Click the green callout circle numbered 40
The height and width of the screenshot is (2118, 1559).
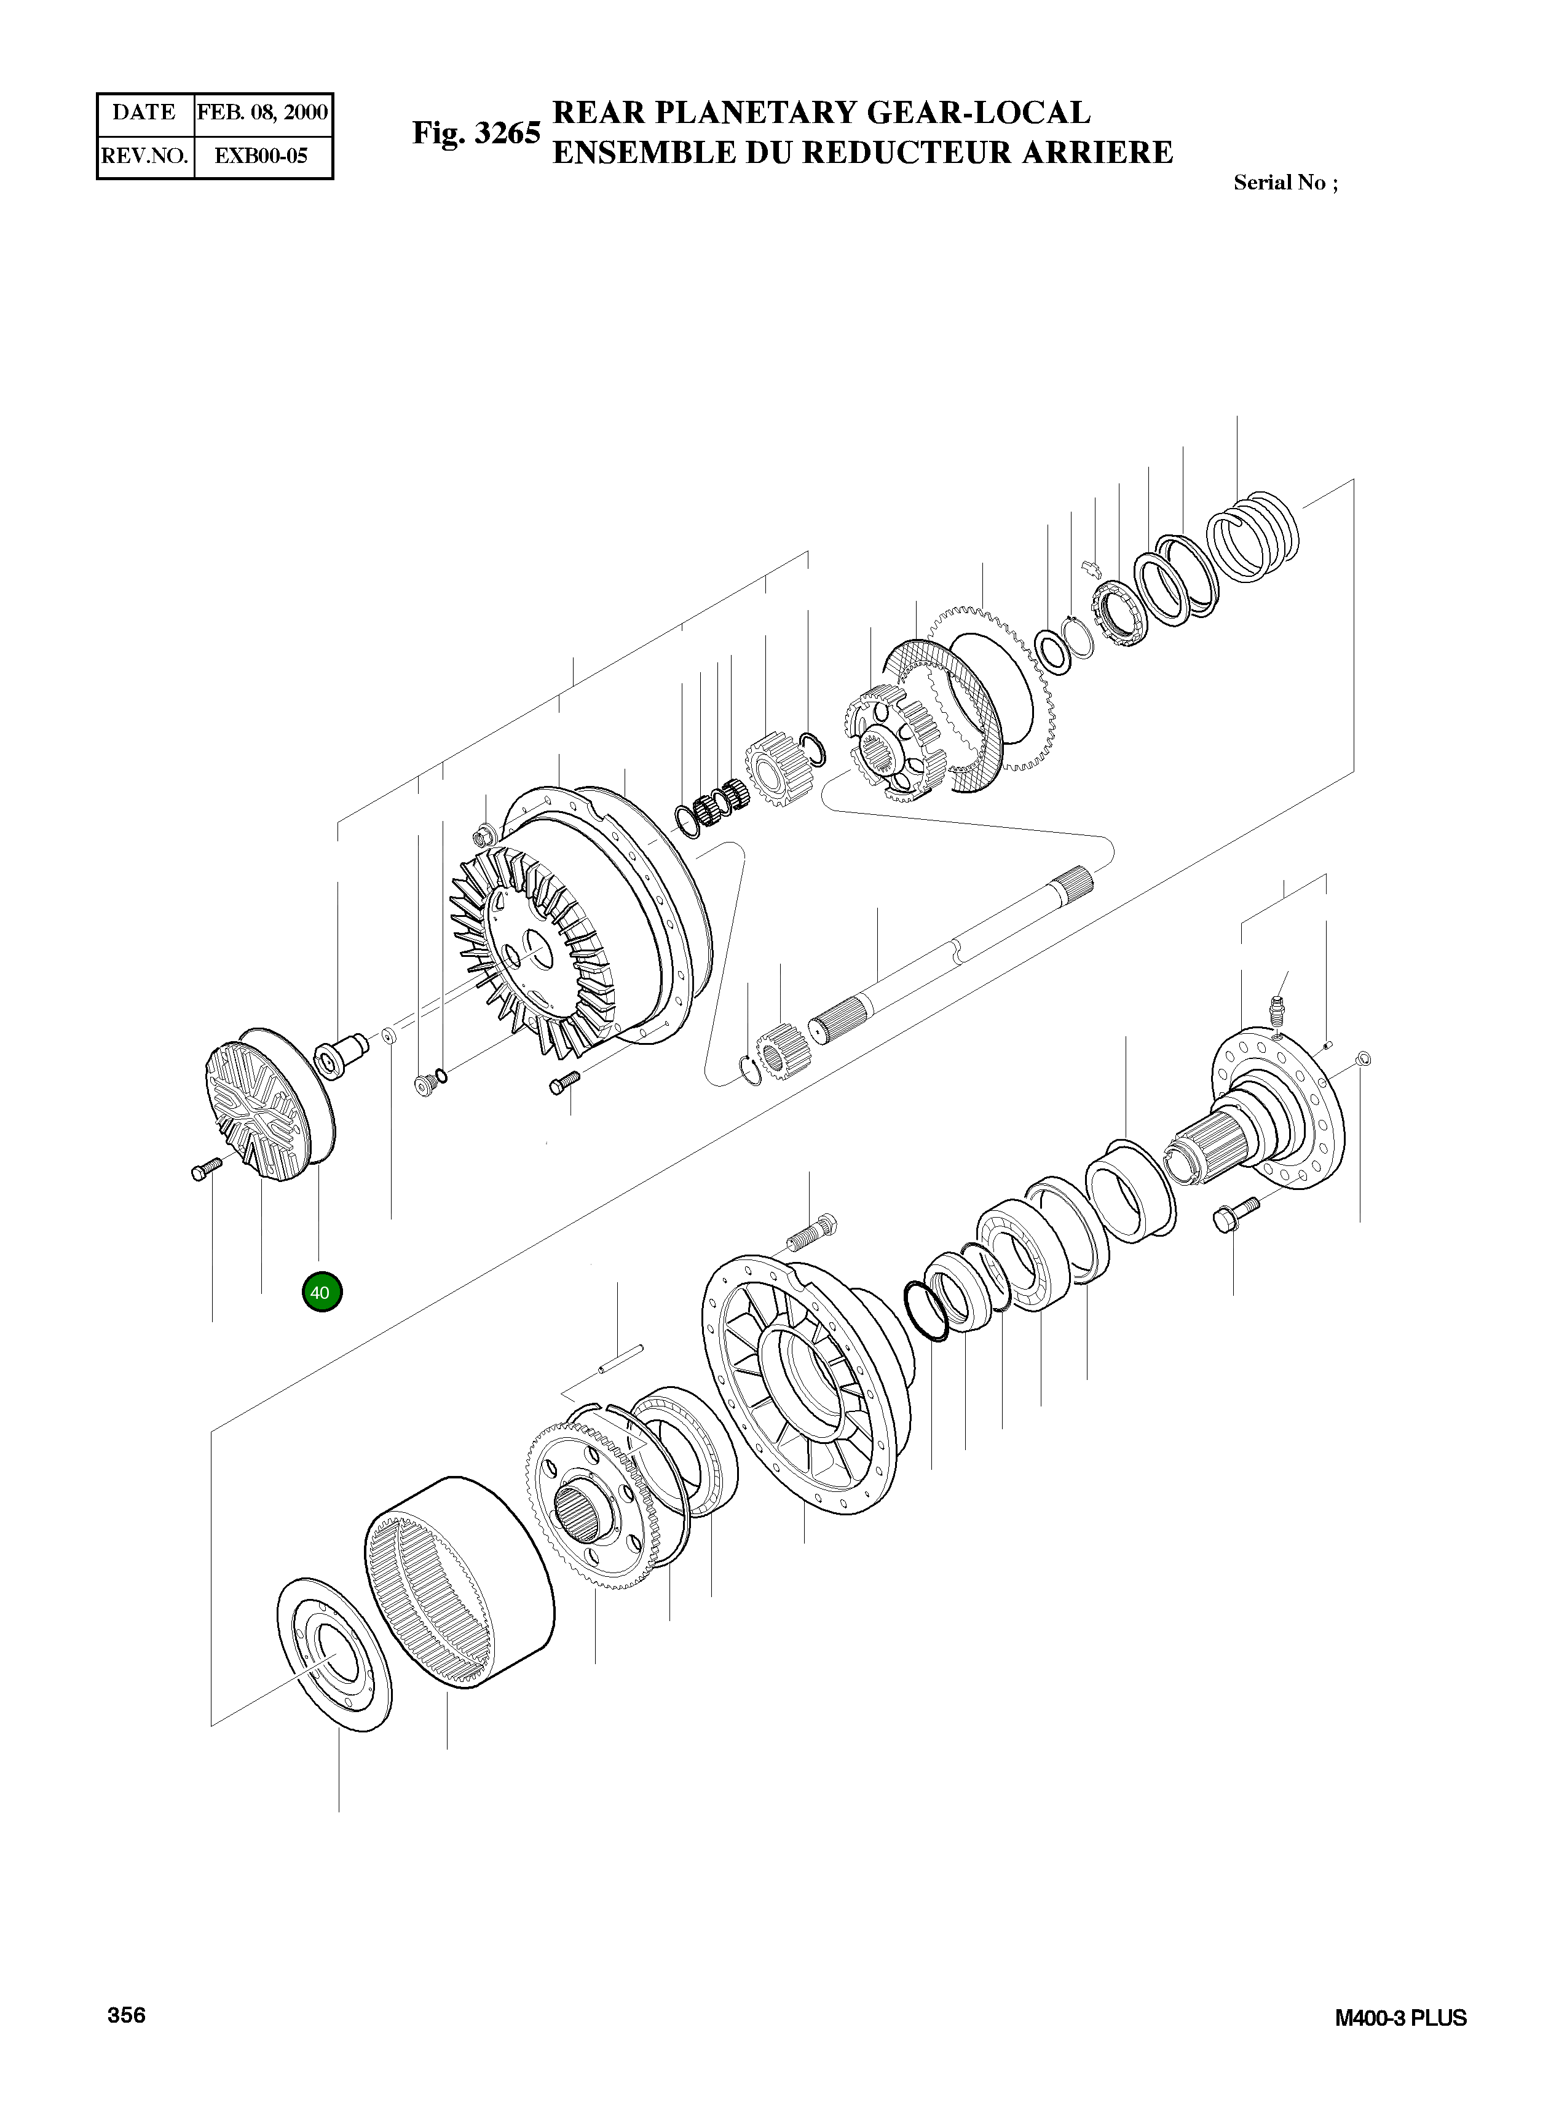321,1292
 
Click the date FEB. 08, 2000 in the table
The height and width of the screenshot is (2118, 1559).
262,113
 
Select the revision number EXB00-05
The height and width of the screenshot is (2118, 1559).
261,156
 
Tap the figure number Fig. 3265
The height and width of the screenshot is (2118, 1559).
476,133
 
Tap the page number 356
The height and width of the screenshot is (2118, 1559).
127,2015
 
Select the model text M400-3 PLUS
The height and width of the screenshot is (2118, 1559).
1400,2018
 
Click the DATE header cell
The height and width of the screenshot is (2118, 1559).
144,113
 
